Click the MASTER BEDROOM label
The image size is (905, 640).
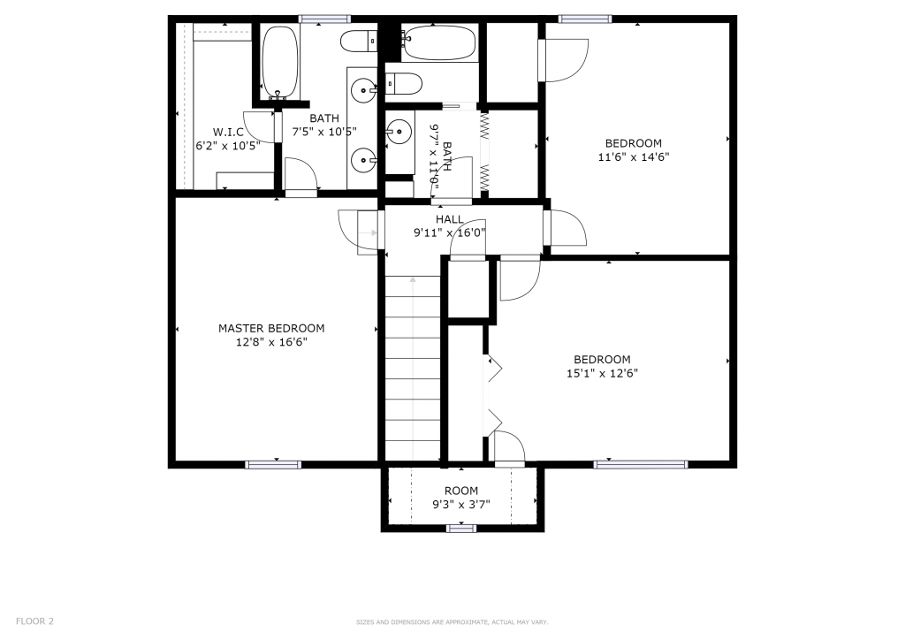[271, 328]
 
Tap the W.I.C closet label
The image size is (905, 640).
[228, 133]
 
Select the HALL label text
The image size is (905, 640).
[450, 219]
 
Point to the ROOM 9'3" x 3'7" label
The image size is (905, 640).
[461, 498]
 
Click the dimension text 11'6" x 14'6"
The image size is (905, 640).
[634, 156]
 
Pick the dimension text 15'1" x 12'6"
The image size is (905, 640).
[602, 373]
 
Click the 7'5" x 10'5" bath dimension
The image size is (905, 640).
[324, 132]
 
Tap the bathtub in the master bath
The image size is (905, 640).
[280, 63]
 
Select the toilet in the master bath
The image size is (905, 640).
[359, 42]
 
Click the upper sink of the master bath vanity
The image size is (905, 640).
[363, 90]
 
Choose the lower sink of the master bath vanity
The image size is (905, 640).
[363, 160]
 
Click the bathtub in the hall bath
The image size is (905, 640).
[439, 42]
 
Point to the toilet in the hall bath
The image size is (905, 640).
[404, 84]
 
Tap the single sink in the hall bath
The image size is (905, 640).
[399, 132]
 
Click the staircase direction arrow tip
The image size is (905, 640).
[413, 278]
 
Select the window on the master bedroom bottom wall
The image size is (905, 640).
[274, 465]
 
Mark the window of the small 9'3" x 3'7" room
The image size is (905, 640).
[461, 528]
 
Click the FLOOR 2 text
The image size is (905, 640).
[34, 621]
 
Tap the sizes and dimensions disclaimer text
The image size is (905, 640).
[452, 622]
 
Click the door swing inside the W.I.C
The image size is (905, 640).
[259, 127]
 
